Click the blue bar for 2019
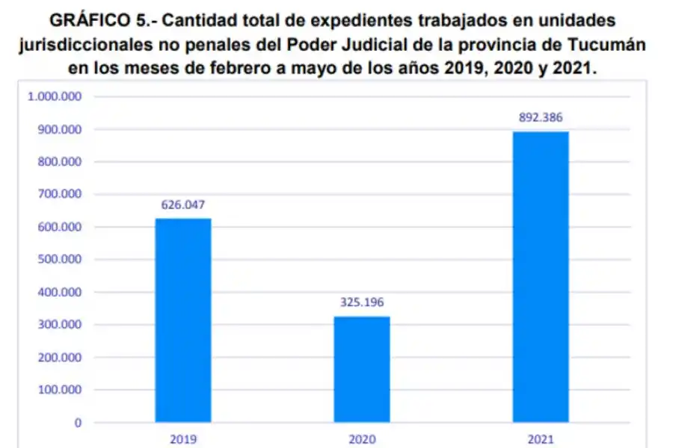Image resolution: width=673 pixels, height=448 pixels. pos(182,320)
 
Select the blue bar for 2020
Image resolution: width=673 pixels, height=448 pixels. pos(361,370)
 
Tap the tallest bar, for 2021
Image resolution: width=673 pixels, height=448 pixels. pos(541,277)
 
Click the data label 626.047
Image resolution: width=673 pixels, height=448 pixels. pos(182,205)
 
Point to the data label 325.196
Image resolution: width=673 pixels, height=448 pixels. pos(361,303)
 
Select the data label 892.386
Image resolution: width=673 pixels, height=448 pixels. pos(541,117)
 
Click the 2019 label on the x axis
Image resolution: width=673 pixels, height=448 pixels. pos(182,440)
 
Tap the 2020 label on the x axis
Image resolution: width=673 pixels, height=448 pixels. pos(361,440)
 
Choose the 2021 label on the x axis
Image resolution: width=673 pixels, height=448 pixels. pos(541,440)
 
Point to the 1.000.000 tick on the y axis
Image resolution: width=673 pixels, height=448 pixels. pos(58,96)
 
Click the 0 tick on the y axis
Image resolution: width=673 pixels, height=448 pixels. pos(78,423)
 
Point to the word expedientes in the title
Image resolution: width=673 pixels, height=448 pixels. pos(339,17)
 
